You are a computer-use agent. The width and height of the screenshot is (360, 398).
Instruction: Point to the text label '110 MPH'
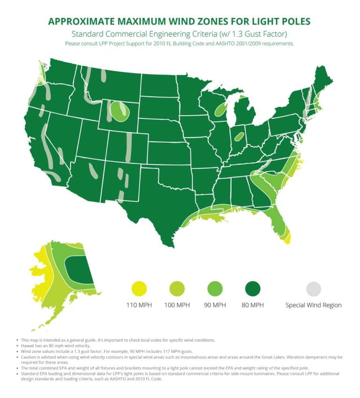pyautogui.click(x=139, y=305)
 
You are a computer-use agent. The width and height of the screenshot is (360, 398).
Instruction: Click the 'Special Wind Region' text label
pyautogui.click(x=314, y=305)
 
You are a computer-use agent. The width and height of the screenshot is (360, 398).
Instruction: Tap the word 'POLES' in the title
pyautogui.click(x=291, y=22)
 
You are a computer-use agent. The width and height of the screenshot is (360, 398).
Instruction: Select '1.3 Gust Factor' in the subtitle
pyautogui.click(x=255, y=34)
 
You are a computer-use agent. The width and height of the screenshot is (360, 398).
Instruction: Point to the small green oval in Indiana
pyautogui.click(x=239, y=137)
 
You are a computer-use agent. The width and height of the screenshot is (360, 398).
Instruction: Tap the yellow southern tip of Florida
pyautogui.click(x=286, y=238)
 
